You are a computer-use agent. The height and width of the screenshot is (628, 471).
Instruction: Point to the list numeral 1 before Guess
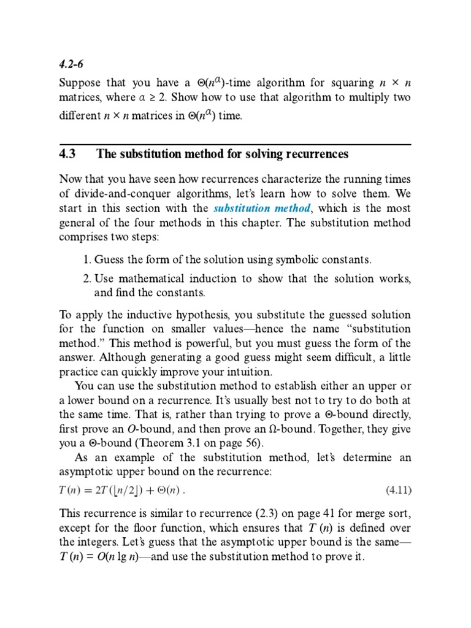point(86,260)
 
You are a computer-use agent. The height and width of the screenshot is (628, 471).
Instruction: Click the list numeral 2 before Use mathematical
point(86,278)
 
